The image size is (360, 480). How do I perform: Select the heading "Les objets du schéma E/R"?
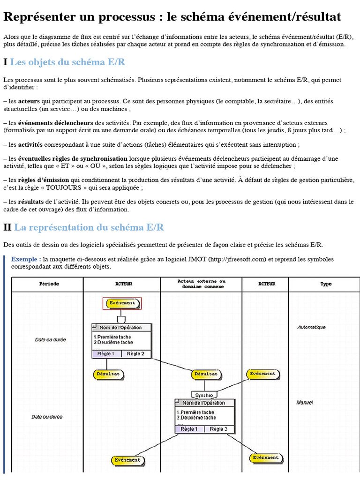tap(67, 62)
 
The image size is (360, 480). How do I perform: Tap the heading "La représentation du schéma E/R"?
tap(89, 227)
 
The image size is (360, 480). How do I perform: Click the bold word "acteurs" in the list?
tap(29, 101)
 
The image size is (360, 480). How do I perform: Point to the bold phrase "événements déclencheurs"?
tap(56, 123)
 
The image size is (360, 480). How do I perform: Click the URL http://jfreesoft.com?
tap(237, 259)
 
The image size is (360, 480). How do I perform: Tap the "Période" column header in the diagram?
tap(49, 284)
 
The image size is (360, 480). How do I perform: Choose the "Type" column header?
tap(326, 284)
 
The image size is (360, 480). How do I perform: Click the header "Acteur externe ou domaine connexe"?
tap(202, 284)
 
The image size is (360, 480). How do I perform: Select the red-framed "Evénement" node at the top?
tap(122, 303)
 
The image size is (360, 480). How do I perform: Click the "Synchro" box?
tap(204, 395)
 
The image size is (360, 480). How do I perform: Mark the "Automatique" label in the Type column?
tap(311, 327)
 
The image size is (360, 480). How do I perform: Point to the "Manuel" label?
tap(304, 402)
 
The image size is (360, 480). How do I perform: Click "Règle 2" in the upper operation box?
tap(136, 353)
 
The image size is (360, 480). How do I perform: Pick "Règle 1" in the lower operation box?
tap(189, 429)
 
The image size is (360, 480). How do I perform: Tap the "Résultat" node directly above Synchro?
tap(205, 374)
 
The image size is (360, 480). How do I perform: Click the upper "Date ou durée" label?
tap(50, 339)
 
